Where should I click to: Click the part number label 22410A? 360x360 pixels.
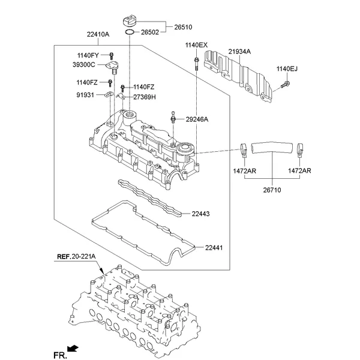pos(98,35)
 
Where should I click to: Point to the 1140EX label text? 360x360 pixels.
pos(196,46)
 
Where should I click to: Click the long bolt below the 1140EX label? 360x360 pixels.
pos(196,64)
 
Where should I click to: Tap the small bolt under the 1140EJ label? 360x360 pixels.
pos(286,83)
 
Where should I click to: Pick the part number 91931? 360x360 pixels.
pos(85,94)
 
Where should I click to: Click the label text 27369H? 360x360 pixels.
pos(145,97)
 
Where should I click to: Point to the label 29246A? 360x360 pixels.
pos(197,119)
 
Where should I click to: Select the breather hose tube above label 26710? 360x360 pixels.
pos(274,146)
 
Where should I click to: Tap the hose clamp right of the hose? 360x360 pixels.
pos(300,151)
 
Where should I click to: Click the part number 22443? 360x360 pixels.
pos(201,214)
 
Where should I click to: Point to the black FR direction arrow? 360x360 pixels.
pos(73,349)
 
